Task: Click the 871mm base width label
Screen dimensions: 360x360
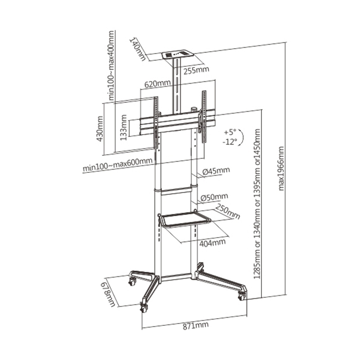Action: pos(196,325)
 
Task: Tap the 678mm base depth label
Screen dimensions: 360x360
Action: pos(109,295)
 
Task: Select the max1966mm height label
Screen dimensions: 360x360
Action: pos(281,168)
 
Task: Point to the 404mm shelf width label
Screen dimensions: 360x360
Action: pos(212,243)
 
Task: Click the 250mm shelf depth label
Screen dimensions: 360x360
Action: pos(228,211)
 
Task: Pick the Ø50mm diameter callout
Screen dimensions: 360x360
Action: pos(214,197)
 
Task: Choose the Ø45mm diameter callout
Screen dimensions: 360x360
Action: pos(216,171)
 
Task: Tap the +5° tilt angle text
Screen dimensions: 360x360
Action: pos(230,132)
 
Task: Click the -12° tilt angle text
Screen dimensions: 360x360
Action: pos(229,142)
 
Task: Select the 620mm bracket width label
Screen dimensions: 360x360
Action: pos(157,84)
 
